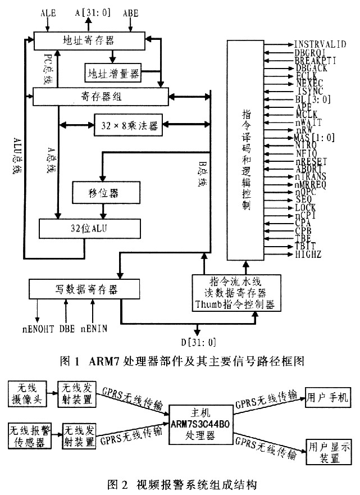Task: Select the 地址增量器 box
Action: tap(112, 72)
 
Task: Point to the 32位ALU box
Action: tap(90, 229)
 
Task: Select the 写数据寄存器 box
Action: tap(85, 289)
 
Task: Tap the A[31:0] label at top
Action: tap(93, 12)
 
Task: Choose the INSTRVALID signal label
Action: tap(320, 44)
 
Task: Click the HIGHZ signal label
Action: tap(307, 256)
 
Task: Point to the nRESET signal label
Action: tap(311, 160)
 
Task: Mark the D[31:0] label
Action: tap(197, 342)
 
